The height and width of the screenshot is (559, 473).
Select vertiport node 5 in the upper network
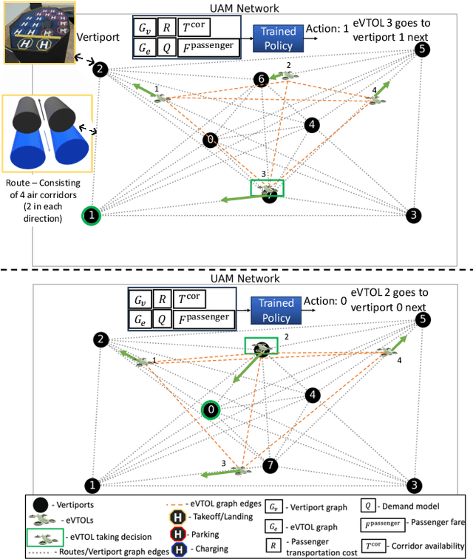(421, 50)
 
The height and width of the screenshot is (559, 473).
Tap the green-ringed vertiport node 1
(91, 215)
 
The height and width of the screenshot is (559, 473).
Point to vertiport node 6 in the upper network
(260, 79)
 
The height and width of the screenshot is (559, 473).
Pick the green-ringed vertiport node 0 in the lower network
(211, 410)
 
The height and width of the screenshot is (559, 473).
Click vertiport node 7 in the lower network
(270, 466)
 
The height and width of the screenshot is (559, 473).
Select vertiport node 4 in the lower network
(313, 396)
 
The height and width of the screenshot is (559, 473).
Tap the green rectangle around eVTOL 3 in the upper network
(267, 189)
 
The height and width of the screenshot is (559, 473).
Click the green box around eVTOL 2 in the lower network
(262, 346)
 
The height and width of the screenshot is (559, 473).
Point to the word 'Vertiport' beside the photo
(98, 35)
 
